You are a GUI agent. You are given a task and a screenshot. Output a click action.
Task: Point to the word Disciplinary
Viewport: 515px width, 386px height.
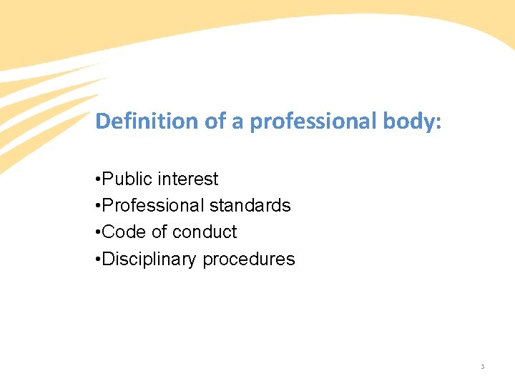(x=150, y=259)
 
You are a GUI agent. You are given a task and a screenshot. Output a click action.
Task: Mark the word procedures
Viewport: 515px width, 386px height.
(x=249, y=259)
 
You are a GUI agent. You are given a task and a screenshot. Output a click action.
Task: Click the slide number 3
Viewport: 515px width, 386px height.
(x=482, y=367)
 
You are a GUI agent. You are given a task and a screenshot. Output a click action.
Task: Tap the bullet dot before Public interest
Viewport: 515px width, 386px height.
(x=98, y=179)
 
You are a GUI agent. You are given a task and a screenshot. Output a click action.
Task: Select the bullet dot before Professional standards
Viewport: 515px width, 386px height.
(x=98, y=206)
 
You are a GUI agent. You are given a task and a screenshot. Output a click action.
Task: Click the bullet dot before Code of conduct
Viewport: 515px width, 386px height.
(x=98, y=232)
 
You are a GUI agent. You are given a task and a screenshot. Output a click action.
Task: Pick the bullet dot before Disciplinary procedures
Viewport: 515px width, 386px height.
(x=98, y=259)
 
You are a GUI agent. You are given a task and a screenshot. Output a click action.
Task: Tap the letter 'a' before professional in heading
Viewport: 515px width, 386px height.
(x=237, y=123)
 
